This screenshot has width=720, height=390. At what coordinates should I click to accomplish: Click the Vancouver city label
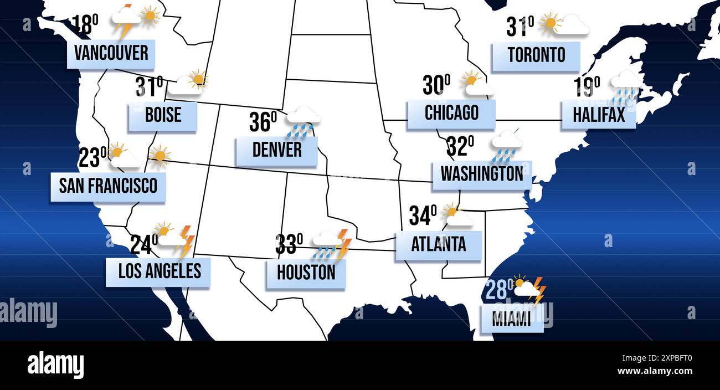111,54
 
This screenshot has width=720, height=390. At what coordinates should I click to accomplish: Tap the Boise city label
163,115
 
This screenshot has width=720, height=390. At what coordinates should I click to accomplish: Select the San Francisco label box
108,186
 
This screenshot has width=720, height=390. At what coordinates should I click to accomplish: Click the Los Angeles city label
159,271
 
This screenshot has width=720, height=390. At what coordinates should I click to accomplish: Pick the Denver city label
276,150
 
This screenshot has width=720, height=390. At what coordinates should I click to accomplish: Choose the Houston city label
306,273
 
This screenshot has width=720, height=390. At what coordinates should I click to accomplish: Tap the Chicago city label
451,114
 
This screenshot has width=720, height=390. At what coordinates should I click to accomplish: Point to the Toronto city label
536,55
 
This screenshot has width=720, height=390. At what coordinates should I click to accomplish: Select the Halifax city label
598,115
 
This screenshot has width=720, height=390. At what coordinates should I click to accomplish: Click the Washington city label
481,175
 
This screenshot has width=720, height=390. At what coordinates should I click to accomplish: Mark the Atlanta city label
438,245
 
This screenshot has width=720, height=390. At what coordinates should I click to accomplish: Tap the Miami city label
511,320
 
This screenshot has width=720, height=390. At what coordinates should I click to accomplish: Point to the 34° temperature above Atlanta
423,215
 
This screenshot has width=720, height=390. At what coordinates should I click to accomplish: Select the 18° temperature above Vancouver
85,25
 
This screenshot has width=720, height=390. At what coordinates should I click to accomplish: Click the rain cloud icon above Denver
302,121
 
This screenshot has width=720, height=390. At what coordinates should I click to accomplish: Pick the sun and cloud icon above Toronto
563,24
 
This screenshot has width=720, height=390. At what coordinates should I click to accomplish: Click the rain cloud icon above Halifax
625,86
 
